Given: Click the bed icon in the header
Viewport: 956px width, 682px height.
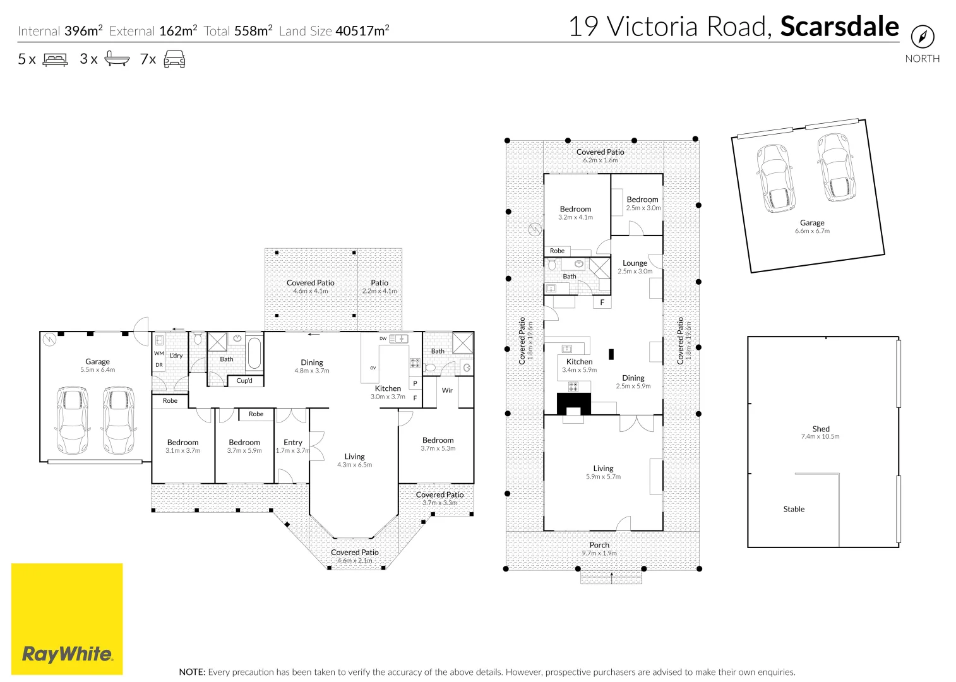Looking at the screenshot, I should point(55,60).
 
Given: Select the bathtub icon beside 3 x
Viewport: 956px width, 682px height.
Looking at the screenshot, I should point(117,59).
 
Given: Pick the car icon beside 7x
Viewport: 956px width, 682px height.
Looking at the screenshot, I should point(174,59).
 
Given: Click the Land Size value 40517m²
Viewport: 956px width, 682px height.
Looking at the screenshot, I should point(362,31).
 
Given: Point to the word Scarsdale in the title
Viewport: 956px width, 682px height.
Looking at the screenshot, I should point(839,27).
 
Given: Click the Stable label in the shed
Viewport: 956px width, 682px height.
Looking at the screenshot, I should point(794,509).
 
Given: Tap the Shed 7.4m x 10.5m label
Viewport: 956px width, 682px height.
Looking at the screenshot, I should point(820,432).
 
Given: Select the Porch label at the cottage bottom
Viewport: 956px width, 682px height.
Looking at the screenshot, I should point(599,545).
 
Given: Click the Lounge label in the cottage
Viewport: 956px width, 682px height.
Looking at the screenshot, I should point(635,263).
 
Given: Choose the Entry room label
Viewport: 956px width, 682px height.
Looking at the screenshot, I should point(293,442).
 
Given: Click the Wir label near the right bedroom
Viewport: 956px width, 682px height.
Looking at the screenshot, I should point(447,390).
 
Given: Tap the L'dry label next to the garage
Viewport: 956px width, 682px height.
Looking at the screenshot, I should point(176,356).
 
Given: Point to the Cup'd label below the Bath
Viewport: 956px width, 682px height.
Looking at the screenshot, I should point(244,381).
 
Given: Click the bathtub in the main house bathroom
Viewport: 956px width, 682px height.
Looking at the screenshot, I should point(254,353).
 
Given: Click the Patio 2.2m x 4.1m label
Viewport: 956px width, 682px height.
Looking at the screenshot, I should point(379,287).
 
